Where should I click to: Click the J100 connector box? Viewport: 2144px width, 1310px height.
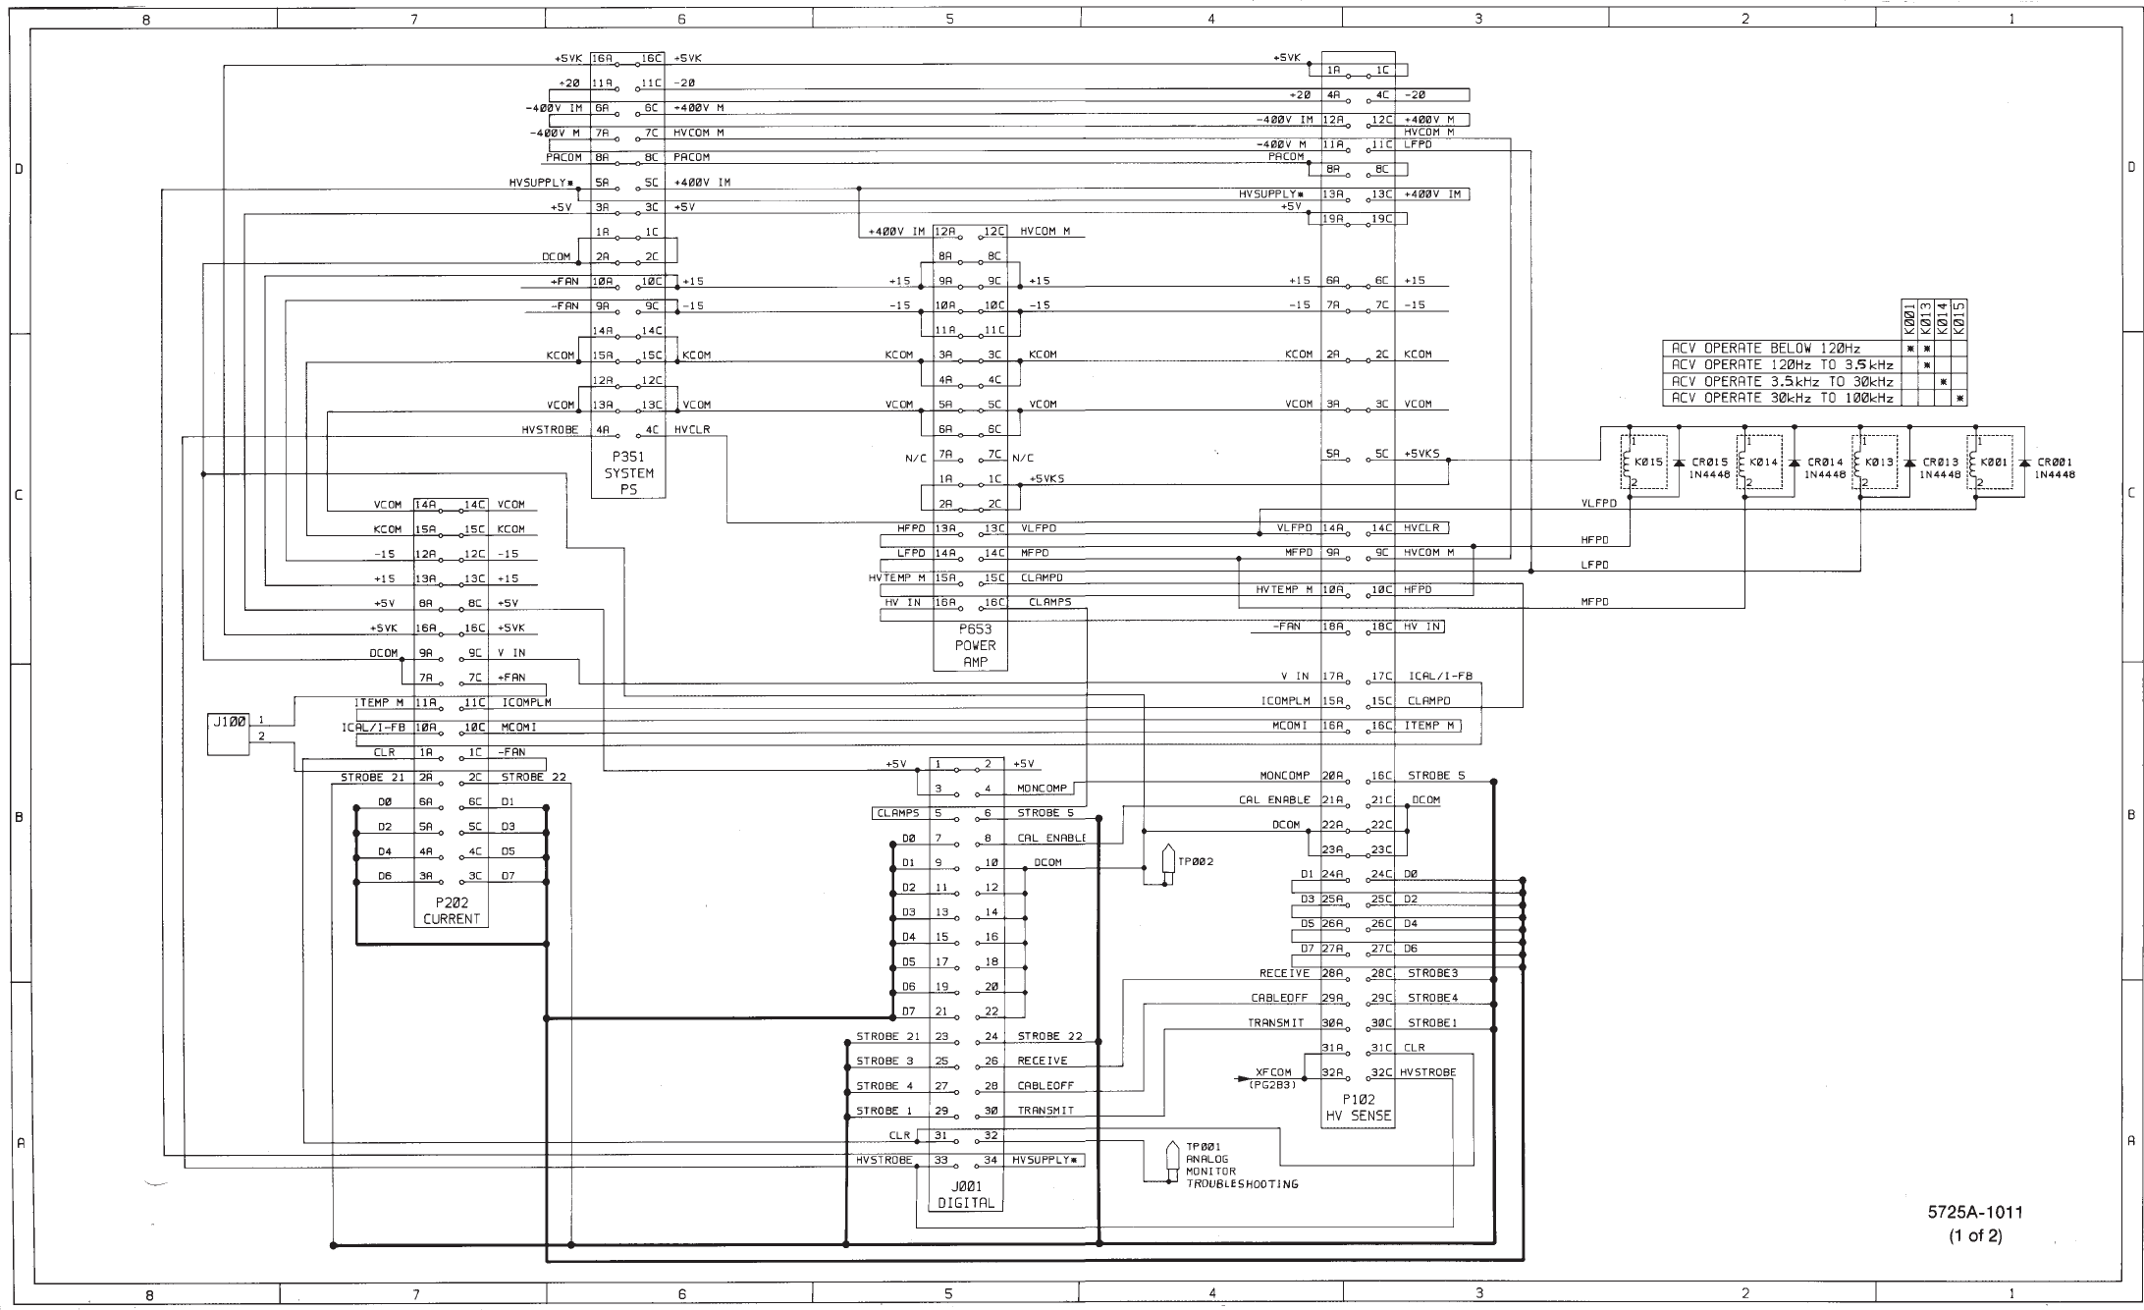click(228, 734)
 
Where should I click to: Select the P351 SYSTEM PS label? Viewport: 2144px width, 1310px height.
click(628, 472)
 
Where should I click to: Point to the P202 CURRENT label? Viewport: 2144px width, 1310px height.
click(452, 910)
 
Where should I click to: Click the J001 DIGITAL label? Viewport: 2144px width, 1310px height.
click(966, 1194)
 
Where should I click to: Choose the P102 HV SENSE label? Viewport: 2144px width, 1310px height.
click(1358, 1108)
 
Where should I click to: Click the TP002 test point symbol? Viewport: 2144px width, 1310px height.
click(1168, 862)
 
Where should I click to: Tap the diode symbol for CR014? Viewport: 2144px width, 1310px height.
click(1795, 463)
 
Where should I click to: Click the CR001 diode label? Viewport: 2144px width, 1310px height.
click(2055, 462)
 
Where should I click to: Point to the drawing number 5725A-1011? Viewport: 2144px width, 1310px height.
click(1975, 1213)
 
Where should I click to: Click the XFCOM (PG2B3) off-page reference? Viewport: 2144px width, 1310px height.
click(1272, 1078)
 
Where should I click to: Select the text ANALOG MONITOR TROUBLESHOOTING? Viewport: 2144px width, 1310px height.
click(1241, 1172)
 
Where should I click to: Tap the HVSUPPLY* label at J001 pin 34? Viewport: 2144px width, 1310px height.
click(1046, 1161)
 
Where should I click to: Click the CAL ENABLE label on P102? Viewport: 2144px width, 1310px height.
click(1273, 800)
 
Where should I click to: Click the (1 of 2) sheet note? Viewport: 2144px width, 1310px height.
click(1975, 1235)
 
